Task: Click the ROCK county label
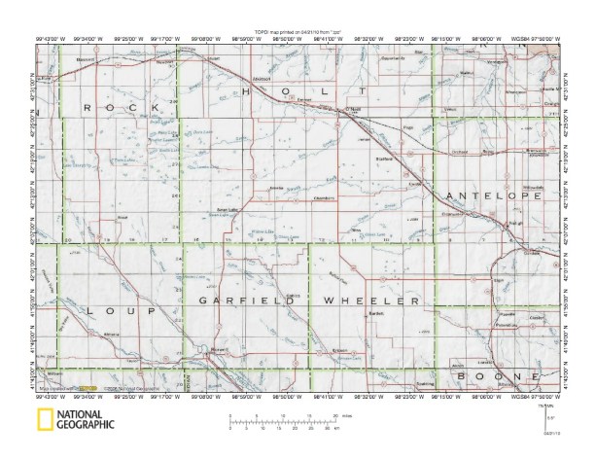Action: click(x=118, y=109)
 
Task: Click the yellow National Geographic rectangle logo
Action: click(x=44, y=421)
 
